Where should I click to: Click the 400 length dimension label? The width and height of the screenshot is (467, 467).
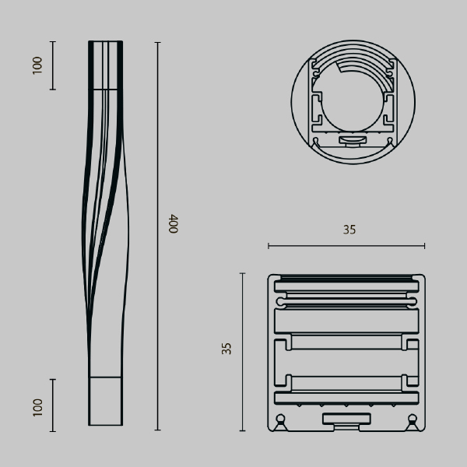coord(174,223)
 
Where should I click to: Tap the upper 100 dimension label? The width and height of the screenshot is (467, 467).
coord(37,65)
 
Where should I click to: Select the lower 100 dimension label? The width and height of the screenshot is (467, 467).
coord(37,407)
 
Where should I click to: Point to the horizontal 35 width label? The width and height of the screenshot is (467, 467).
coord(349,230)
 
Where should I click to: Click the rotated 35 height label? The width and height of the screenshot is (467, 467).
coord(226,349)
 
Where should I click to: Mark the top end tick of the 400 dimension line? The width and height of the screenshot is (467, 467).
coord(157,43)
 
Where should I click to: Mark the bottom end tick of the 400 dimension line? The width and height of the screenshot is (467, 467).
coord(157,430)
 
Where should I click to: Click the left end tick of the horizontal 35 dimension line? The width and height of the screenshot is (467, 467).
coord(269,246)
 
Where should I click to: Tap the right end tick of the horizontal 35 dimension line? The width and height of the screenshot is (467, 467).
coord(424,246)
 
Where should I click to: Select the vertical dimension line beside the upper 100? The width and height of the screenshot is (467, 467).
coord(53,65)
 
